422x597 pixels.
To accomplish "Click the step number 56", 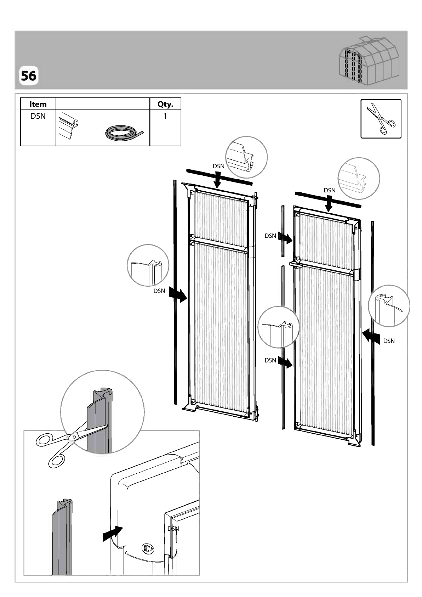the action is pos(28,76).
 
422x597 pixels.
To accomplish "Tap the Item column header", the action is pos(38,104).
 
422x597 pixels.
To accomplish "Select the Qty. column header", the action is pos(165,104).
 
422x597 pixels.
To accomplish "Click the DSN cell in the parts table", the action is pos(38,116).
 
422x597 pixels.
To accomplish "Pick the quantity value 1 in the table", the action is pos(165,116).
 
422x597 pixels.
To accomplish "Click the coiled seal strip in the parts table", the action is pos(124,133).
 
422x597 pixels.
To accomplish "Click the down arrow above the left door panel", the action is pos(218,180).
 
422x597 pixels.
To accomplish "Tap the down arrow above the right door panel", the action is pos(329,204).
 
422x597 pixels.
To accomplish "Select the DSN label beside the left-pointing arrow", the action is pos(389,340).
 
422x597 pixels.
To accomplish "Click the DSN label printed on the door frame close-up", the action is pos(173,529).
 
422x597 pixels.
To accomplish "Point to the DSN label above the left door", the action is pos(218,166).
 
